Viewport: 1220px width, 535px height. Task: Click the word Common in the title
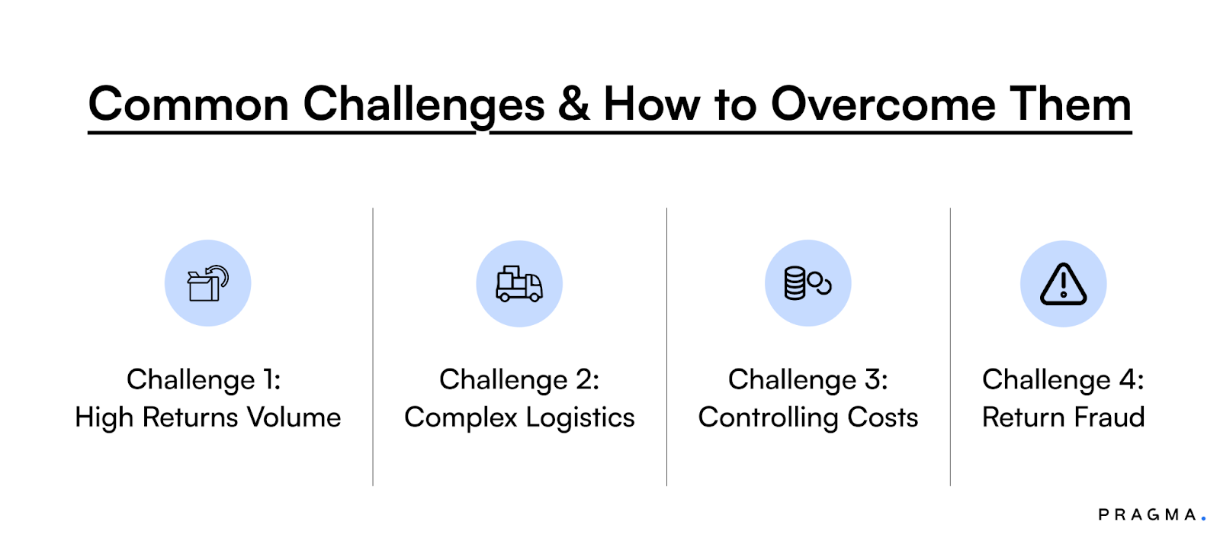tap(188, 105)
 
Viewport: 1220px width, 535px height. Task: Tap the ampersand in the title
tap(574, 105)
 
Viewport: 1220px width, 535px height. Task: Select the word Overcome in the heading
tap(883, 105)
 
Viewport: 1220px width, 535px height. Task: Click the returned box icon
tap(207, 284)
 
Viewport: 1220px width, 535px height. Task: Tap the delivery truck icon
tap(519, 284)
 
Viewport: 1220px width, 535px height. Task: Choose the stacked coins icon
tap(807, 283)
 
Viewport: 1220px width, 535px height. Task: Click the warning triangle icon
tap(1063, 284)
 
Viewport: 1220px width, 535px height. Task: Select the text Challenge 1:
tap(204, 380)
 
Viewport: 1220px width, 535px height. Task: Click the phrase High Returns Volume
tap(207, 417)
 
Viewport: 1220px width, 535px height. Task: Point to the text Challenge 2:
tap(519, 380)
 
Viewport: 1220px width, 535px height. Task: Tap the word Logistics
tap(580, 417)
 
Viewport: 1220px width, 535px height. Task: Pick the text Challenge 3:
tap(807, 380)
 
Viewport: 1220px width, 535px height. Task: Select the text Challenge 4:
tap(1063, 380)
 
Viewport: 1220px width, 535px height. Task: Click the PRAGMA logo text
tap(1147, 515)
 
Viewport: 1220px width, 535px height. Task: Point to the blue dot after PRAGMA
tap(1204, 519)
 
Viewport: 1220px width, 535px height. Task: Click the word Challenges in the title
tap(424, 105)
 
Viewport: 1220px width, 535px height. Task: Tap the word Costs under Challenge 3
tap(883, 417)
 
